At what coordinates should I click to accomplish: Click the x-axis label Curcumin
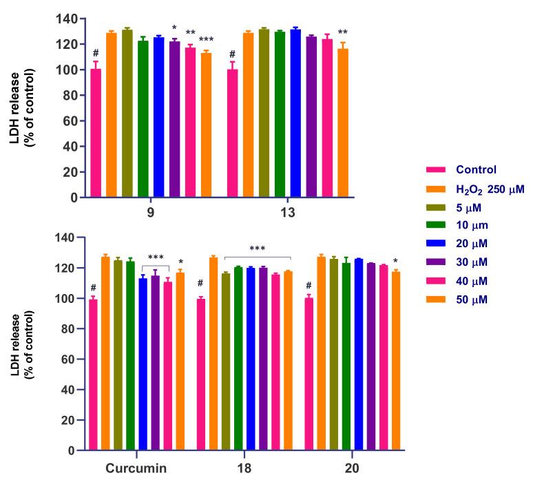(x=136, y=468)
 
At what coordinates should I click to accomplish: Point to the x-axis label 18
(x=244, y=468)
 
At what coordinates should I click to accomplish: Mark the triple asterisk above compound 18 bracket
(x=258, y=249)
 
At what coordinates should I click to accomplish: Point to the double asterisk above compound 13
(x=342, y=32)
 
